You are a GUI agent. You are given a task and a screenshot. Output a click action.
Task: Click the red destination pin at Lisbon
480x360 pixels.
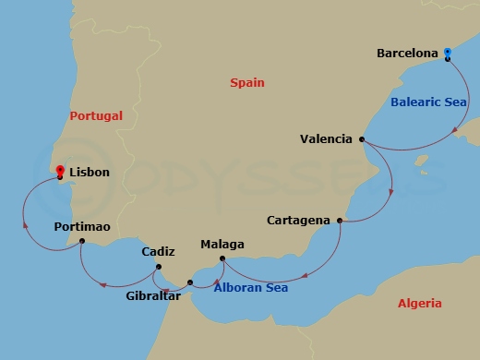coord(60,170)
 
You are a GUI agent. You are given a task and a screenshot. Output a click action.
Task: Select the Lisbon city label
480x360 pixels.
coord(90,172)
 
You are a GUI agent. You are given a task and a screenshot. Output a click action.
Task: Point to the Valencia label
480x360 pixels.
coord(326,139)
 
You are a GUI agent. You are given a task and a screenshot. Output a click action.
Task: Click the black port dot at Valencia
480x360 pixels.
coord(361,139)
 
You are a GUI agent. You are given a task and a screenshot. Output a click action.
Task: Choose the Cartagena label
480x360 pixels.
coord(298,221)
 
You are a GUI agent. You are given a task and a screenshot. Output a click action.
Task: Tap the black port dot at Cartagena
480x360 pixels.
coord(340,221)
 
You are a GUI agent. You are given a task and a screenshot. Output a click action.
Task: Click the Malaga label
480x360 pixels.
coord(222,245)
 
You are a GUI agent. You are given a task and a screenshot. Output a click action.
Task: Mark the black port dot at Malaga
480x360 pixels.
coord(222,258)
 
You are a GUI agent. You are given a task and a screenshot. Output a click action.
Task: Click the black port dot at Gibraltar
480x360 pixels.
coord(190,282)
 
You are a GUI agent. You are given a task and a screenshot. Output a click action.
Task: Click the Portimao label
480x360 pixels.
coord(82,226)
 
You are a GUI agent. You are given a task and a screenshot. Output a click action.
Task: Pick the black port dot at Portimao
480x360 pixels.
coord(82,241)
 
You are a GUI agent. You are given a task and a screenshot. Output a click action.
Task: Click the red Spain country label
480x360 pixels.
coord(248,84)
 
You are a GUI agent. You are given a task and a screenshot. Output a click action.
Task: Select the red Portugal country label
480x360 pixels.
coord(96,116)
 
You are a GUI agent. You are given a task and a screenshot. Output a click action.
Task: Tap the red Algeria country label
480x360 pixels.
coord(420,303)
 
